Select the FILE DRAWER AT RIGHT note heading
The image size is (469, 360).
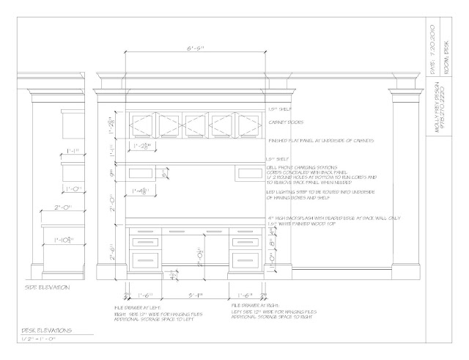pos(254,302)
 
